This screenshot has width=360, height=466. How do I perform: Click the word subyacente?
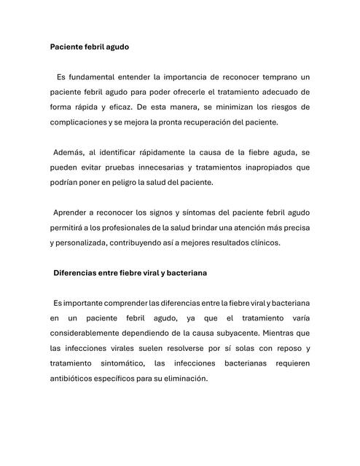235,333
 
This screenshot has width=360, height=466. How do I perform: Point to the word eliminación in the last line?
184,379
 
